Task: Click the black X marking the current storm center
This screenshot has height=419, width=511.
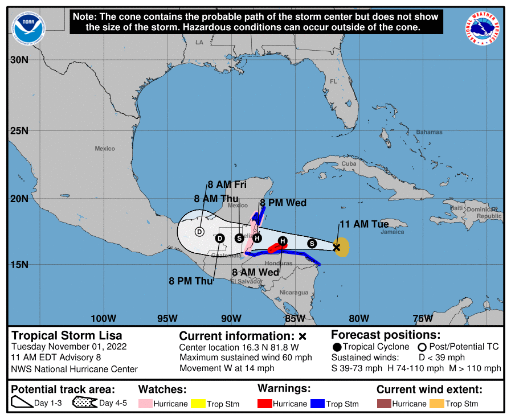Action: coord(337,247)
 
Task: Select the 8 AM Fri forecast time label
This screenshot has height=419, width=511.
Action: coord(227,184)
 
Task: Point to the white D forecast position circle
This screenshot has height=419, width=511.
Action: coord(199,231)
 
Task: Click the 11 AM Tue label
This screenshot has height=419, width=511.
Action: coord(364,224)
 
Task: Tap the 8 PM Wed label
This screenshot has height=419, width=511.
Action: coord(283,203)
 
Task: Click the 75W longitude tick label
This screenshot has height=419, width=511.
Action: coord(423,318)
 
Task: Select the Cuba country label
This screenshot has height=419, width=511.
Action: coord(349,163)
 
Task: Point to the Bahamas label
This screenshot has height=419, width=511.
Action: coord(428,132)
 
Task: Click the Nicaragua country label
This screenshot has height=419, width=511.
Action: coord(294,293)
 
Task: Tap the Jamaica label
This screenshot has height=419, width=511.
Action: coord(393,232)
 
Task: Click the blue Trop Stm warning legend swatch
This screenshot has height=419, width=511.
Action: coord(317,404)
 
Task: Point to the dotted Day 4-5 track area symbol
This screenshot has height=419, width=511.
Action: coord(84,404)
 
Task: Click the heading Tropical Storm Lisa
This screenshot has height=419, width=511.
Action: coord(67,335)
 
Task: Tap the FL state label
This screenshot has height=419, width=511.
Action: coord(334,81)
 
